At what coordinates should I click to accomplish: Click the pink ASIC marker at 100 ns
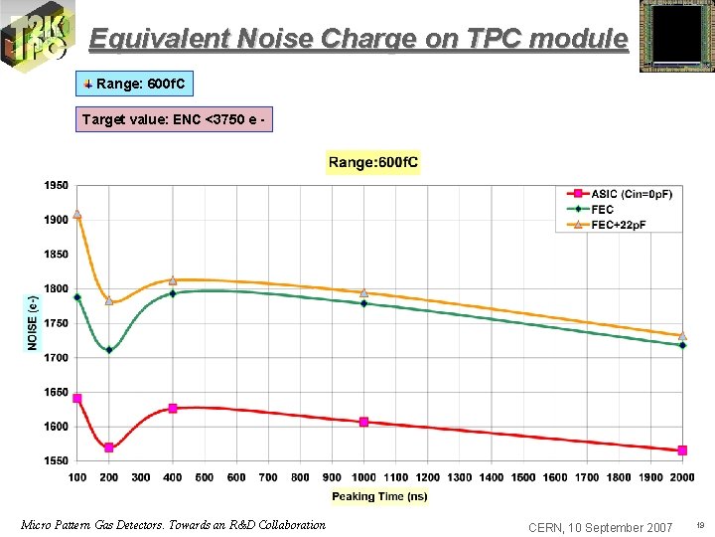(x=77, y=399)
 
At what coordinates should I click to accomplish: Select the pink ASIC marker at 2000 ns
(x=682, y=450)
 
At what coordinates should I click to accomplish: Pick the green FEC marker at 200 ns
(x=109, y=350)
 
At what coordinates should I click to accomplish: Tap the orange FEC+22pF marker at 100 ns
(x=77, y=214)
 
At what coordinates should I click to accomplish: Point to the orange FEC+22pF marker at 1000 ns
(x=363, y=293)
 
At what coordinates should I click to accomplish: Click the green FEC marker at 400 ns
(x=173, y=293)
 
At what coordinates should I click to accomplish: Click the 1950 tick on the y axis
(x=56, y=185)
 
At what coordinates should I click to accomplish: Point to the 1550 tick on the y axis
(x=56, y=461)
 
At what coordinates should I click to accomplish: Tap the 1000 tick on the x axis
(x=363, y=477)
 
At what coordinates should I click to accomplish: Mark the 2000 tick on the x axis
(x=682, y=477)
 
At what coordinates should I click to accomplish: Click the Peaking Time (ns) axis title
(x=379, y=496)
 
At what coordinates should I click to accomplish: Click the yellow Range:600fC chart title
(x=373, y=162)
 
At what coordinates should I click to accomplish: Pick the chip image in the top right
(x=674, y=36)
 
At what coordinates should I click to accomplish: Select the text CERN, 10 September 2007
(x=600, y=526)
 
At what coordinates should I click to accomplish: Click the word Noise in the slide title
(x=268, y=39)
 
